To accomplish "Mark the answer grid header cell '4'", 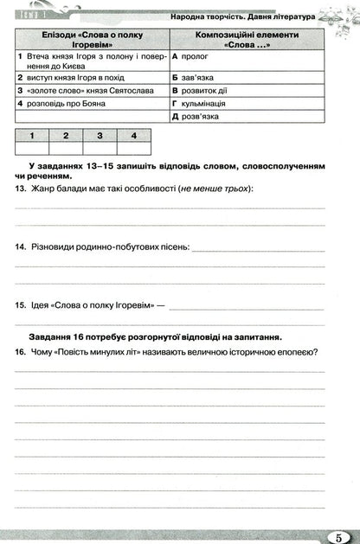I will coord(133,135).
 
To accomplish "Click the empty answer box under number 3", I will coord(100,148).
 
